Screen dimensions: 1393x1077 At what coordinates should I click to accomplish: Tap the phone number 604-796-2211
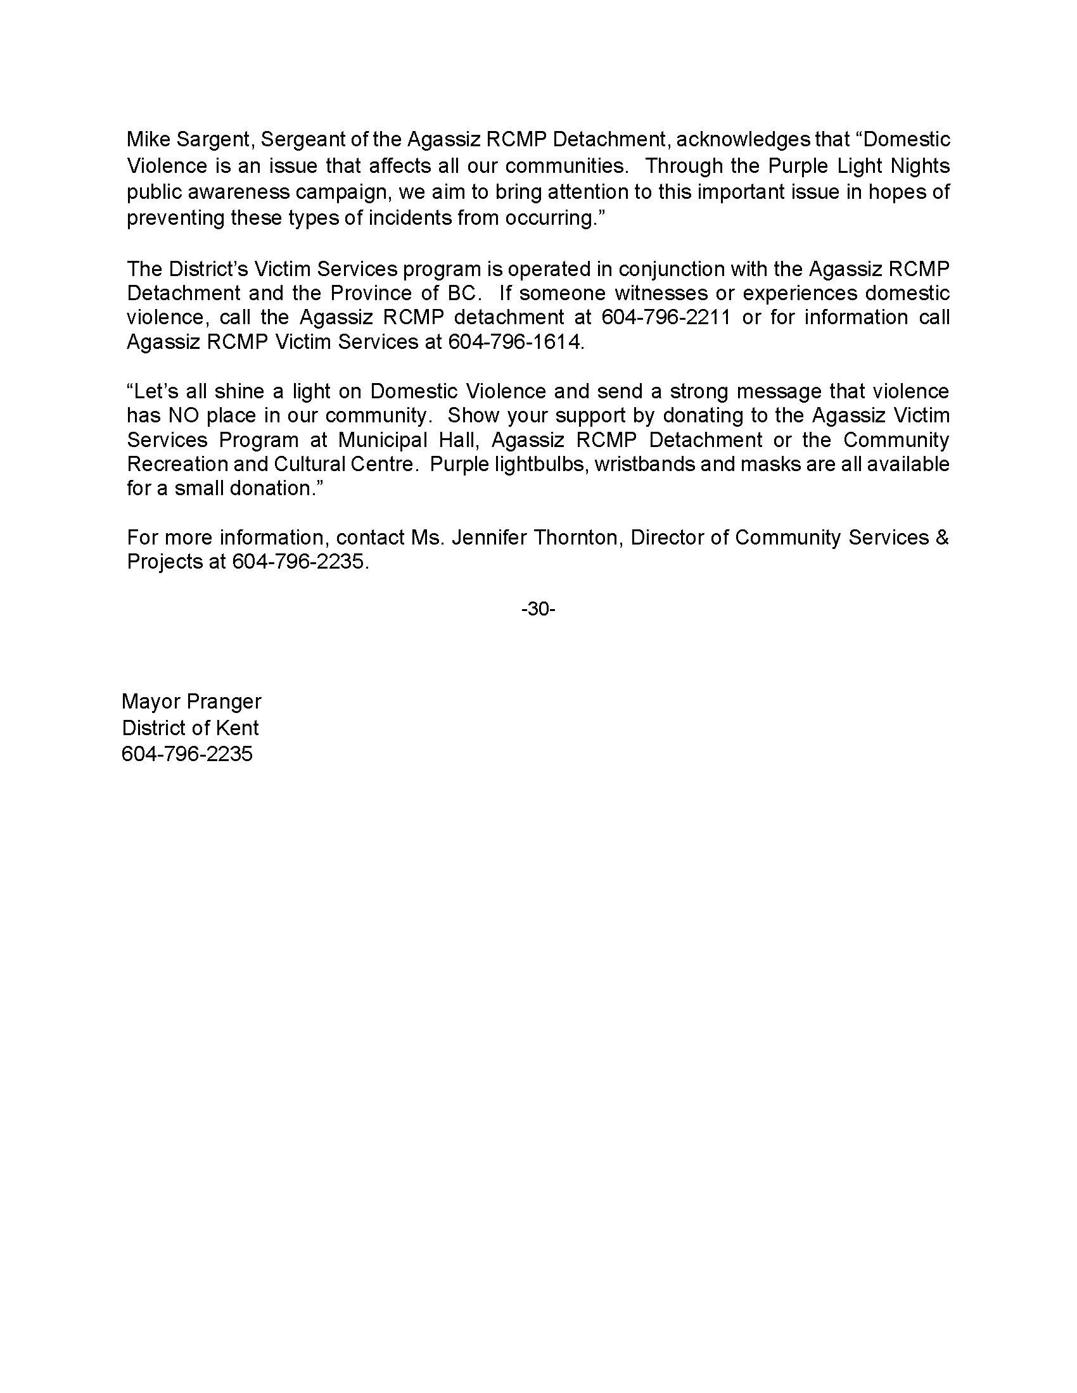(x=665, y=317)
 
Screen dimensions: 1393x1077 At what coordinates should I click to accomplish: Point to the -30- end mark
(x=538, y=609)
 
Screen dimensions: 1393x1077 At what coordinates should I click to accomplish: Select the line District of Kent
(x=190, y=728)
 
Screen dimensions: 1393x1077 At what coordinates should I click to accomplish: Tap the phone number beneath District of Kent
(x=187, y=754)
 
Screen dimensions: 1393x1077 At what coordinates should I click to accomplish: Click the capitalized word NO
(x=182, y=415)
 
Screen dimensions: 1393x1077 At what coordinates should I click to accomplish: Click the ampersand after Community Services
(x=941, y=538)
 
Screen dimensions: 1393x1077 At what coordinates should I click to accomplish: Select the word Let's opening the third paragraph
(x=151, y=391)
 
